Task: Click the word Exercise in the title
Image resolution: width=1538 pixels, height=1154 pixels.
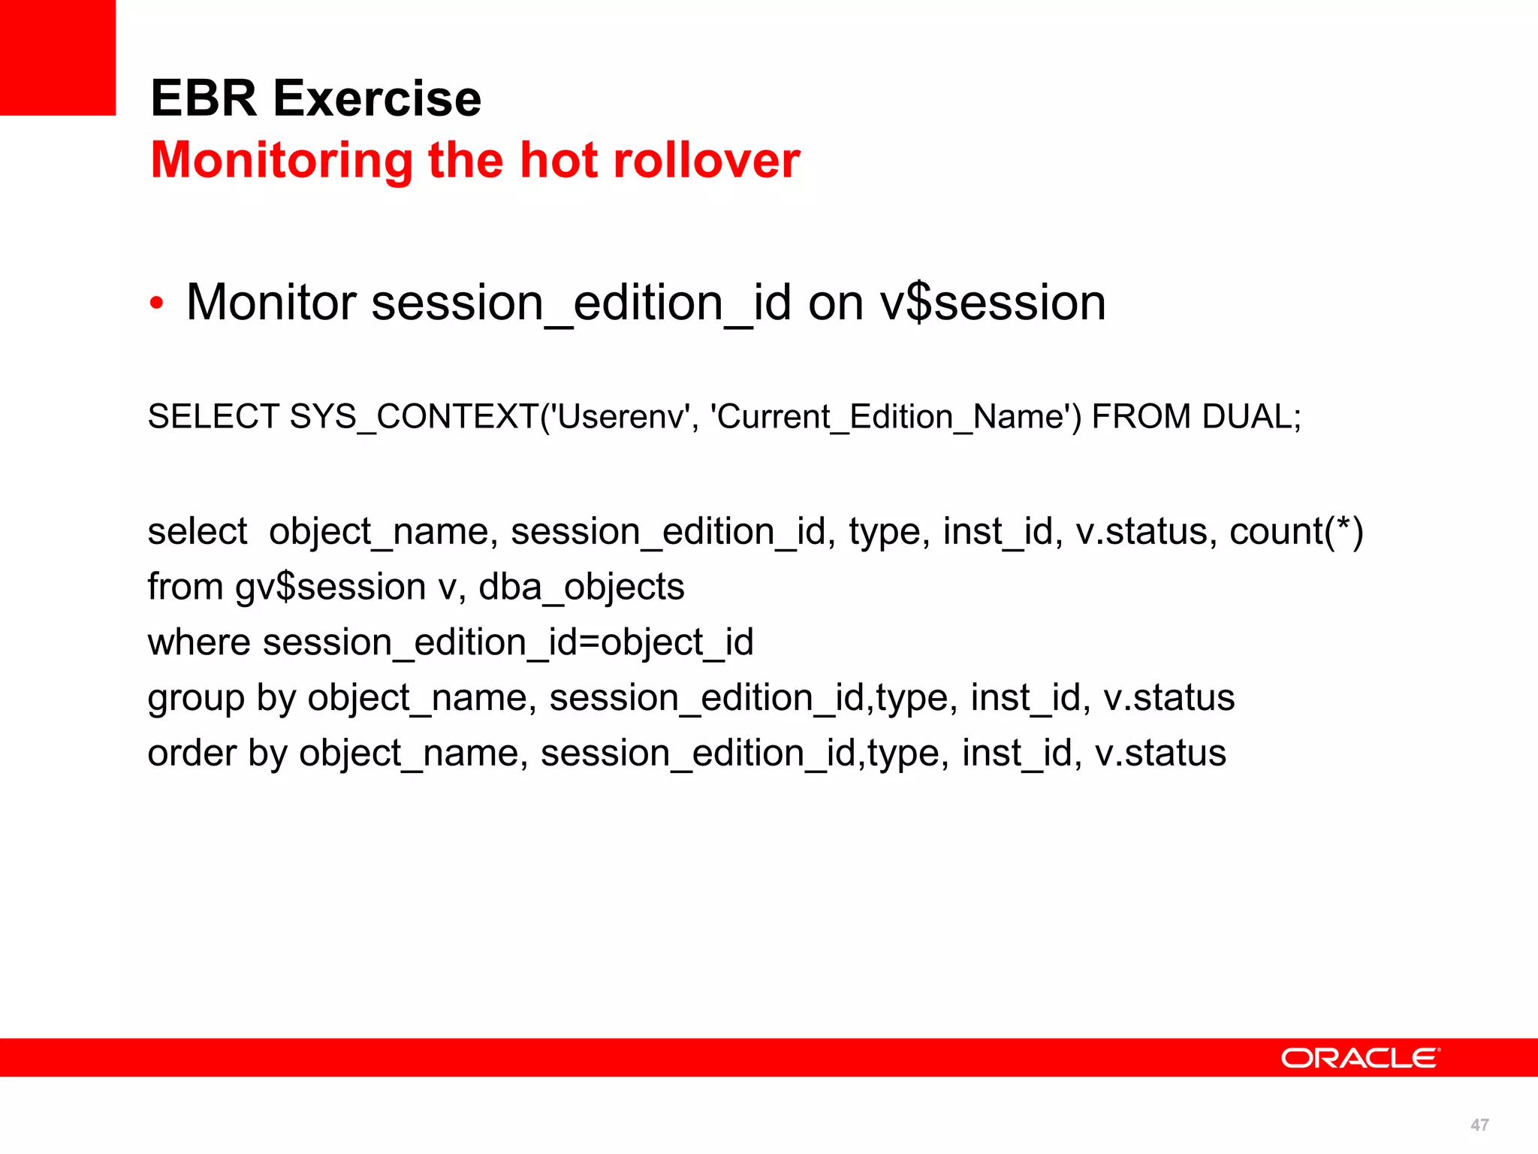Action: point(377,98)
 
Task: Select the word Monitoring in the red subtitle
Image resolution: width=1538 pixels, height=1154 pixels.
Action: point(282,162)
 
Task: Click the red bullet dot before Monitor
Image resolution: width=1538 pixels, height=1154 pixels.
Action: point(156,304)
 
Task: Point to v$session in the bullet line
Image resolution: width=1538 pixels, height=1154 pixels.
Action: point(993,303)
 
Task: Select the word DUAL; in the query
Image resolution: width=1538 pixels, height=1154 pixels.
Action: point(1251,416)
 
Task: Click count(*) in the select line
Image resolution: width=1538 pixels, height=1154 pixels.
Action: point(1296,531)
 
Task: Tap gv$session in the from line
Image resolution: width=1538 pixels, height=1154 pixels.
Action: point(330,587)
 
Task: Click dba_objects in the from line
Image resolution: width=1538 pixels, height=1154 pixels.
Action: point(581,587)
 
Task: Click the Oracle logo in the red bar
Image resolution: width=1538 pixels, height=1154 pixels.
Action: point(1360,1058)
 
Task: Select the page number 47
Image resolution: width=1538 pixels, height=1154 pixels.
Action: point(1479,1125)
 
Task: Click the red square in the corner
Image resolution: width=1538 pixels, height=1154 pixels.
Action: point(58,57)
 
